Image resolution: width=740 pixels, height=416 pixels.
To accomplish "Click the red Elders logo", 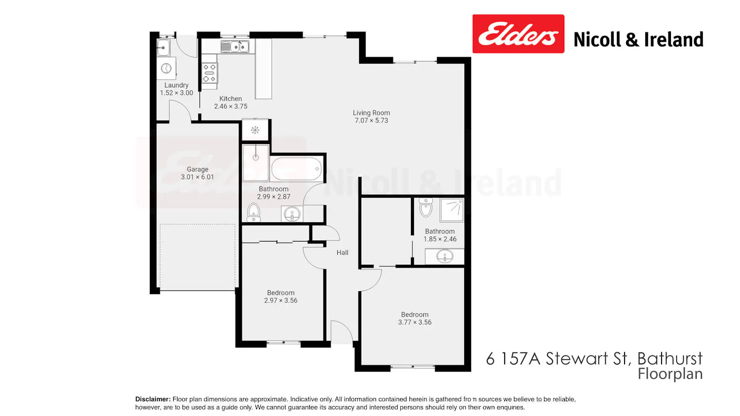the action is coord(518,34).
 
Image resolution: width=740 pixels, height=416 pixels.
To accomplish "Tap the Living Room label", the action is coord(371,113).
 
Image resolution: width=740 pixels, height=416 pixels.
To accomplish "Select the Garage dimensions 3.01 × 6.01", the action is coord(197,177).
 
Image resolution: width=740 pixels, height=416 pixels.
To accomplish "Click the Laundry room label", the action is coord(177,85).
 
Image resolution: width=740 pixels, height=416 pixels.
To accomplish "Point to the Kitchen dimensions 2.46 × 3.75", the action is coord(230,106).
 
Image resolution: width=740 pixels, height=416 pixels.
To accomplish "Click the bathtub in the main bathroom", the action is coord(296,169).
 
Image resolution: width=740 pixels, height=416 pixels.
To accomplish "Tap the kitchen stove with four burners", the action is coord(210,73).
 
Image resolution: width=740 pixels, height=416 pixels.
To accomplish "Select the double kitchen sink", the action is coord(234,46).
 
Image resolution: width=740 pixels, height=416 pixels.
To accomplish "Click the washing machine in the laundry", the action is coord(166,69).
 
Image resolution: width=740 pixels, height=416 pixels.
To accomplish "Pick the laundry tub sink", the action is coord(163,47).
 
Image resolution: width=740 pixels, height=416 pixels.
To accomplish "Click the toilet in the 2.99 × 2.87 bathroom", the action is coord(254,212).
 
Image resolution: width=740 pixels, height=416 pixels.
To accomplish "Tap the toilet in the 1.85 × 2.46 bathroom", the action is coord(426,208).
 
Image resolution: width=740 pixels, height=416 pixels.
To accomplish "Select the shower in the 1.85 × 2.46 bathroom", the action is coord(451,209).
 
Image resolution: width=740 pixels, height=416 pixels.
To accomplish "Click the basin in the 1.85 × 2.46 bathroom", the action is coord(444,256).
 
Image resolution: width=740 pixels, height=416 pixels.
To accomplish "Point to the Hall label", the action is coord(342,252).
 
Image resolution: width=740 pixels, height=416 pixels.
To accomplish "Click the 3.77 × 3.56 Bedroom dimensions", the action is coord(414,322).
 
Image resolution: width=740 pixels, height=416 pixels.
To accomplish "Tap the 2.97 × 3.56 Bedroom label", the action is coord(281,293).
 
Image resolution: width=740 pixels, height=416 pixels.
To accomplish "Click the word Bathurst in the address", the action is coord(669,358).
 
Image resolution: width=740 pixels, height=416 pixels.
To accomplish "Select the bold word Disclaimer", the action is coord(153,399).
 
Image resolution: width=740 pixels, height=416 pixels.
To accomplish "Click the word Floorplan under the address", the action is coord(670,375).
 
